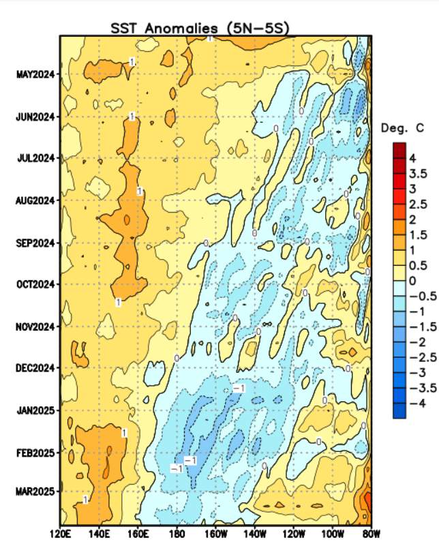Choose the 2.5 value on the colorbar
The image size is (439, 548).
coord(417,204)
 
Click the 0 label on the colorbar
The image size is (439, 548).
coord(412,280)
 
